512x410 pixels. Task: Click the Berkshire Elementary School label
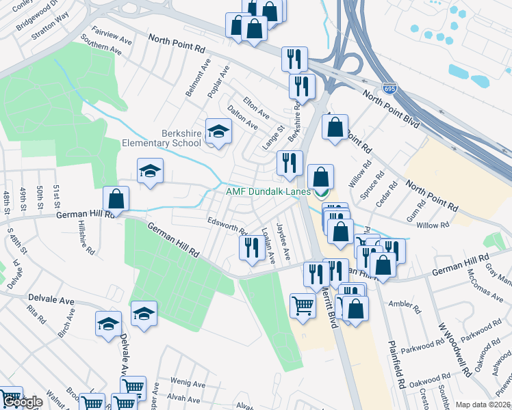162,138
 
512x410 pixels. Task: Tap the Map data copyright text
483,405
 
